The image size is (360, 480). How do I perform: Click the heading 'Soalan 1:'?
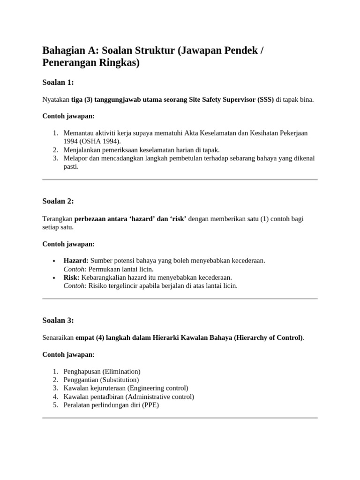(58, 82)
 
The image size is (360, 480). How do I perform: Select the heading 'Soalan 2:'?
(58, 201)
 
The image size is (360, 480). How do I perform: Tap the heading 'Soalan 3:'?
(58, 321)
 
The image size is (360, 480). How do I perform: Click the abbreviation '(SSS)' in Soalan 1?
(265, 100)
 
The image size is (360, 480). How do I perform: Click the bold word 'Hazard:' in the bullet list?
(76, 260)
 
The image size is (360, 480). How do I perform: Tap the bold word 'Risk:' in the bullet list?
(71, 277)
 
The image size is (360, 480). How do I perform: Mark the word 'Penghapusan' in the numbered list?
(82, 371)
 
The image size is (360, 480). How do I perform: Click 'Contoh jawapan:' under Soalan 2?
(68, 244)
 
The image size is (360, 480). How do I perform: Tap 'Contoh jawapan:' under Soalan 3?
(68, 354)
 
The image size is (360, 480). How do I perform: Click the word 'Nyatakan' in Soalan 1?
(56, 100)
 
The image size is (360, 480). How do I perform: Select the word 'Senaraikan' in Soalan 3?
(58, 337)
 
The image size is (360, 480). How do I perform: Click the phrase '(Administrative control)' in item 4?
(157, 397)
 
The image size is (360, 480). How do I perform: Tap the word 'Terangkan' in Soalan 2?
(57, 219)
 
